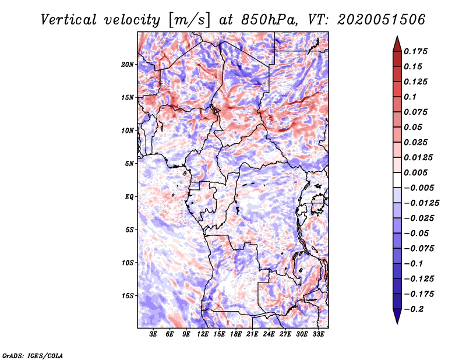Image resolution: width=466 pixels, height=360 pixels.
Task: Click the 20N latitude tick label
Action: (128, 64)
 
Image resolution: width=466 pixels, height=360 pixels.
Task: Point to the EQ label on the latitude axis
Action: (129, 197)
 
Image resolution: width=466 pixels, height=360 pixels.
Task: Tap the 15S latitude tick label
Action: (128, 296)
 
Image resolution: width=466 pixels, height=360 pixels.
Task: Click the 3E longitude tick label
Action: (154, 334)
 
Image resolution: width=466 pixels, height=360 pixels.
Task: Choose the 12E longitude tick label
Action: (203, 334)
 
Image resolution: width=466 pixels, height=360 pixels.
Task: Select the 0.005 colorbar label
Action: (417, 172)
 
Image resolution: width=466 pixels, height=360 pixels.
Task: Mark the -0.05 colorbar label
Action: (417, 233)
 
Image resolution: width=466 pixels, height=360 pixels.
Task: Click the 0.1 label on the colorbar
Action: (411, 97)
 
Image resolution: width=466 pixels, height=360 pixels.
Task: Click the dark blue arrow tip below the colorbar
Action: (397, 319)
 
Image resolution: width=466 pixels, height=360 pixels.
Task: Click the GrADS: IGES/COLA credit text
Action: (33, 355)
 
